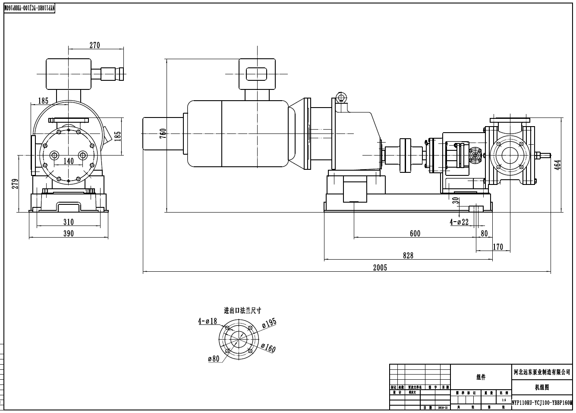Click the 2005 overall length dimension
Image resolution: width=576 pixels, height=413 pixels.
click(380, 268)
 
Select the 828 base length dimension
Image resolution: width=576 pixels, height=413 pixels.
click(408, 255)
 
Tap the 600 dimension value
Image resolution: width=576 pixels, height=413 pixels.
click(415, 234)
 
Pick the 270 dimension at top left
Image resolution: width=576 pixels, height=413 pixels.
click(94, 45)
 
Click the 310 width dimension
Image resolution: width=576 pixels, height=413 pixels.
click(69, 222)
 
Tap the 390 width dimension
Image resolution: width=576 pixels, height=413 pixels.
click(69, 234)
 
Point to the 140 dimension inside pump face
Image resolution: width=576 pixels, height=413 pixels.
click(69, 161)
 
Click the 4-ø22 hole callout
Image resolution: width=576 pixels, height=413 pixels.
click(459, 222)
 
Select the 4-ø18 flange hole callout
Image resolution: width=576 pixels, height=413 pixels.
click(208, 321)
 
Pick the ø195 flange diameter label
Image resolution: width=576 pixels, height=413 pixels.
click(269, 323)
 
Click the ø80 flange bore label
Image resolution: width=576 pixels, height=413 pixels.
click(214, 359)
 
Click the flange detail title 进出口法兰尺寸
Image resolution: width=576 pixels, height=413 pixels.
click(242, 310)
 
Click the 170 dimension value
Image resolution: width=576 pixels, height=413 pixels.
click(498, 247)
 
